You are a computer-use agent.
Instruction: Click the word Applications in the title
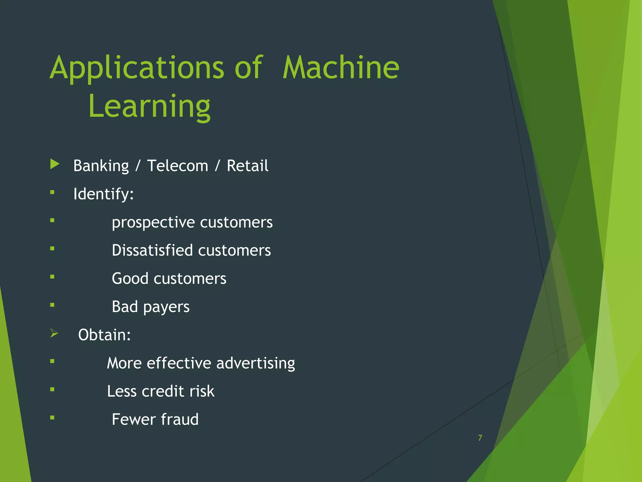137,68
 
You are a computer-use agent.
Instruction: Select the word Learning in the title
149,107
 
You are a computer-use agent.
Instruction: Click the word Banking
101,166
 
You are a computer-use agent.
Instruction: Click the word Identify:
103,194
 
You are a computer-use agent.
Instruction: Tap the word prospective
153,222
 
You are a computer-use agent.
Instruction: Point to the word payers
166,307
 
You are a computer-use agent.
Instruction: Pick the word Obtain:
104,335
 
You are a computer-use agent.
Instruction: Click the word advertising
255,363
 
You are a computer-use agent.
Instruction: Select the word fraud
180,419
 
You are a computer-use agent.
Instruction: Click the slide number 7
480,438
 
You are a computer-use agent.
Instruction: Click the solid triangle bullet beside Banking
55,164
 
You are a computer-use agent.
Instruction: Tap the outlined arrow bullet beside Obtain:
54,333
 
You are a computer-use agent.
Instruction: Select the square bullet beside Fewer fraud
52,418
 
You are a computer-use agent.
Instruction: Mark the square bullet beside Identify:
52,192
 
